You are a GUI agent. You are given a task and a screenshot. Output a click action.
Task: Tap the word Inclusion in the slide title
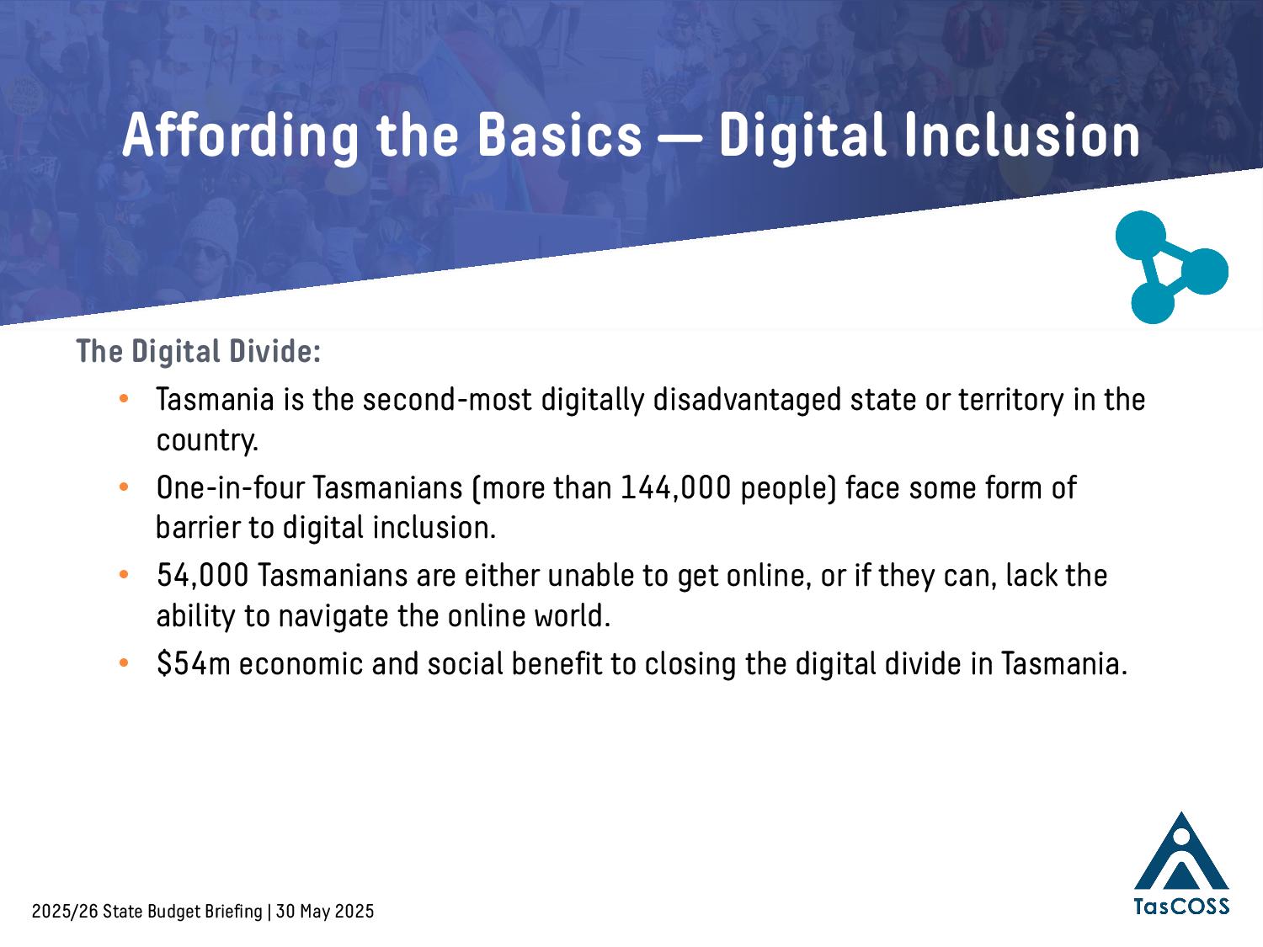[1022, 135]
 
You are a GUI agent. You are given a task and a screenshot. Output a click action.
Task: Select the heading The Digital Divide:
[198, 351]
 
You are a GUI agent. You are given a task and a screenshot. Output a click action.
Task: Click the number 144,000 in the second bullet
[675, 488]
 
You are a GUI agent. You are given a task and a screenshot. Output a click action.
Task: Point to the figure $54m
[194, 663]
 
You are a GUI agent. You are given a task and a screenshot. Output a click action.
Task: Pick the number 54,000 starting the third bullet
[203, 576]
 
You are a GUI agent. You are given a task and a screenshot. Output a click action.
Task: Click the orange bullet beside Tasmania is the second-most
[123, 398]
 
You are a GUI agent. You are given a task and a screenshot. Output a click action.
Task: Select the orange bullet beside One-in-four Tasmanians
[123, 487]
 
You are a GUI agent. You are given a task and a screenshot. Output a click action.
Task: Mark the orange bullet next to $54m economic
[123, 663]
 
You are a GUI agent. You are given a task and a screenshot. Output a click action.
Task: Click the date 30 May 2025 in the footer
[325, 912]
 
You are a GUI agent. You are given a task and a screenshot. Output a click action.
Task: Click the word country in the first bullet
[207, 441]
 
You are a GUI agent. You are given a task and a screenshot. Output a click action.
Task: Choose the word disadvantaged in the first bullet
[747, 400]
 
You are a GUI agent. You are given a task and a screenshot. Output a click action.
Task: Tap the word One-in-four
[230, 488]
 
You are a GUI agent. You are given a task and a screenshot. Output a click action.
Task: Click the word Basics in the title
[560, 136]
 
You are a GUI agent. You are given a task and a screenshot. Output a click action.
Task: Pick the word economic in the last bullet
[301, 663]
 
